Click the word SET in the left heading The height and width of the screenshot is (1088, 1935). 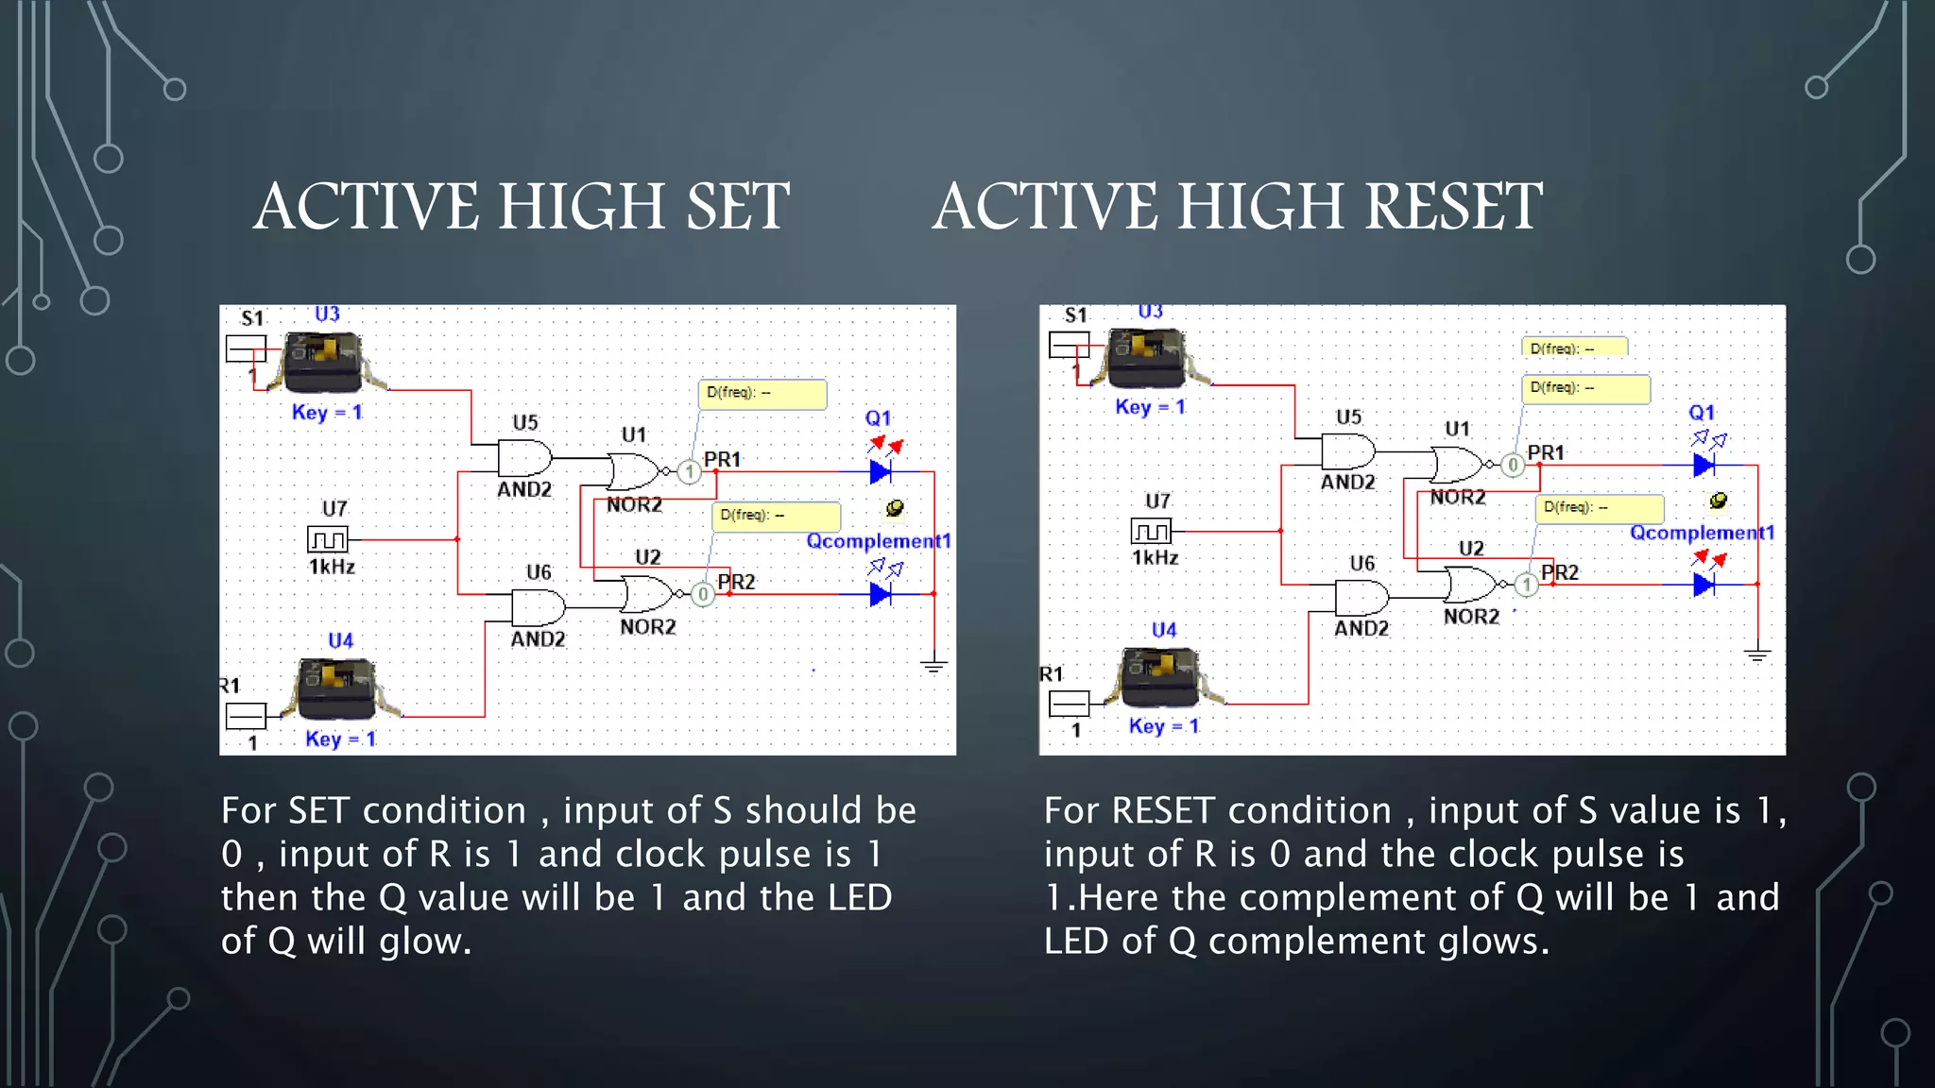[737, 206]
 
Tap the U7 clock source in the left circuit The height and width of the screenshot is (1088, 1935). [328, 539]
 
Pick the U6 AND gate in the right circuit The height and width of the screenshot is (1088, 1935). [1361, 598]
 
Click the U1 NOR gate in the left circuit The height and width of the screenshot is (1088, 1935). [633, 470]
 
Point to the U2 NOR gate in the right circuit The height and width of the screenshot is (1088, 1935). [1470, 584]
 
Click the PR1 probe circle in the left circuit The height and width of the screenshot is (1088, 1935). [690, 471]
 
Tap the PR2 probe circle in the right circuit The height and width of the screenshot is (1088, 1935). [1526, 585]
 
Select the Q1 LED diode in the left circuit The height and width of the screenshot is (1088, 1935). [881, 470]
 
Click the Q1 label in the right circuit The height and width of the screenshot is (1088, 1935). [1702, 413]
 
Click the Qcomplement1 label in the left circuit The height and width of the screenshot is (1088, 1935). [878, 541]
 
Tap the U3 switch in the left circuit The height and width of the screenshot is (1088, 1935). [323, 363]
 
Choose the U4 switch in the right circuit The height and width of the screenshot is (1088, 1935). [1159, 677]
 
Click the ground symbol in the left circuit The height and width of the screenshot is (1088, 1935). [933, 666]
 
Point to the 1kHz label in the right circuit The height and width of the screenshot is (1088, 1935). [1155, 557]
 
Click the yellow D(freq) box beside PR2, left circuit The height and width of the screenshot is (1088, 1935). [776, 516]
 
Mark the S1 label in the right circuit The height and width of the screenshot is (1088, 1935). [1075, 315]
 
